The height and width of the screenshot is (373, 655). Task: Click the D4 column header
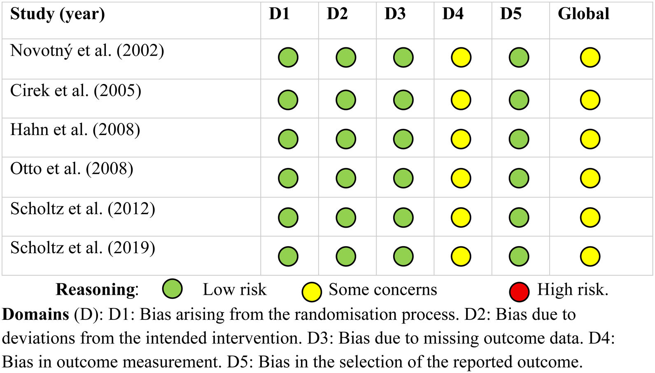452,14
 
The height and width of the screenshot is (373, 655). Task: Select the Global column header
583,14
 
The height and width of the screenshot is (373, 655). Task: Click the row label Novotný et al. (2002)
87,51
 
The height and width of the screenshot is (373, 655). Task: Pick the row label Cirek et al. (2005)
76,91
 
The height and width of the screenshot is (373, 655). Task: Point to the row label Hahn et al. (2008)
75,130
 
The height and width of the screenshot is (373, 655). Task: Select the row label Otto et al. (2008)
72,169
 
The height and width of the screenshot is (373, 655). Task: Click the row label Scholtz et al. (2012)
83,209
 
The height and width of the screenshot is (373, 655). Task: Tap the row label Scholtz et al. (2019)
83,248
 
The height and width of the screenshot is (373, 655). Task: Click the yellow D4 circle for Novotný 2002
461,57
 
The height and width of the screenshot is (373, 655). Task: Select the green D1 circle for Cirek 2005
288,100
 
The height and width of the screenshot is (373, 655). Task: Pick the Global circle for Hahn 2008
590,139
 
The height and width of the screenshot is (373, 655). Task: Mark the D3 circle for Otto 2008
403,178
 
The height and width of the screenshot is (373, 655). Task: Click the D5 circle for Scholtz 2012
519,217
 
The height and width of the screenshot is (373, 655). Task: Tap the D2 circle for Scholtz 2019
346,256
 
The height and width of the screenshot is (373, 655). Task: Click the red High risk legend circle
519,292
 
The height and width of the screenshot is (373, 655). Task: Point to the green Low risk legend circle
172,289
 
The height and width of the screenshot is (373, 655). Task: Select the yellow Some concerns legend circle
312,292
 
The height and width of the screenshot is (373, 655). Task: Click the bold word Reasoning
96,290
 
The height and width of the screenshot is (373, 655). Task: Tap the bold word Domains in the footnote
36,315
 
